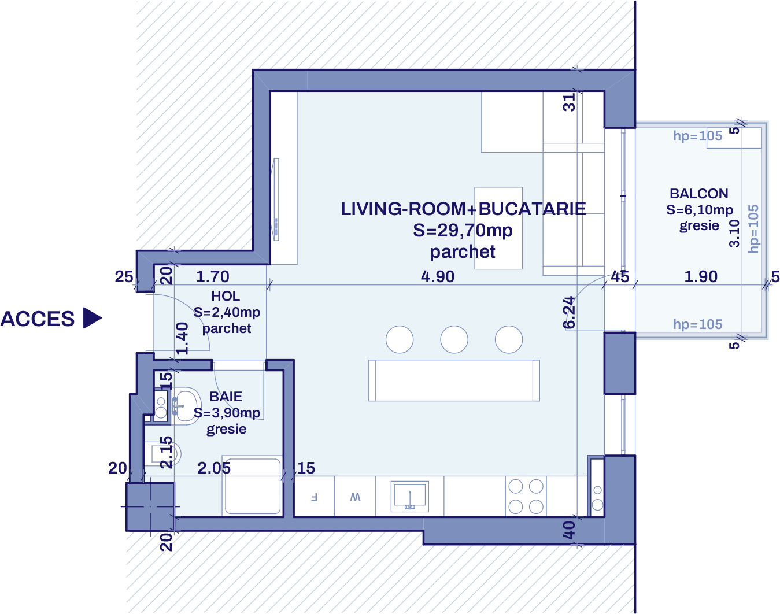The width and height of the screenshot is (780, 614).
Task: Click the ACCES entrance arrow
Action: tap(92, 318)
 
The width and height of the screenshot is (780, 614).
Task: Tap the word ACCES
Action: tap(38, 319)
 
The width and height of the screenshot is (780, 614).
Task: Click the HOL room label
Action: tap(226, 296)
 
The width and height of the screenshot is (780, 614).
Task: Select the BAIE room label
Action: tap(226, 397)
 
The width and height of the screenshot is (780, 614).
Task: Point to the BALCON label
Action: tap(699, 194)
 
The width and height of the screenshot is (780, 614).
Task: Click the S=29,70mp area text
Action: tap(463, 230)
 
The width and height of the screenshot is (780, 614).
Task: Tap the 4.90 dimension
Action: tap(438, 276)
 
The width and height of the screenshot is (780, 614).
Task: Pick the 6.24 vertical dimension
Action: tap(570, 312)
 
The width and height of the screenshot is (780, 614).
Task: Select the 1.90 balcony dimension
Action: tap(701, 276)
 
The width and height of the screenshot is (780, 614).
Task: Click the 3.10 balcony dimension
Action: tap(734, 234)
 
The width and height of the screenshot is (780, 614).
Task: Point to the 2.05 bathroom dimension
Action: tap(214, 468)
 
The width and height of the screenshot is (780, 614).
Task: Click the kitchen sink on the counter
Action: tap(409, 496)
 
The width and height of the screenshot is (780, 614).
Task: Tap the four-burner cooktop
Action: tap(526, 496)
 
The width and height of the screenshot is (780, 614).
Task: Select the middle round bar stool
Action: tap(454, 339)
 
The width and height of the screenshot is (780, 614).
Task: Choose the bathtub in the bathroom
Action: tap(253, 486)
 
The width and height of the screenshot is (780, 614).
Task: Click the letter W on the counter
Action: tap(355, 497)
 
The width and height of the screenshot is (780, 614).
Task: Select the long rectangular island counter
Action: tap(454, 380)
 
